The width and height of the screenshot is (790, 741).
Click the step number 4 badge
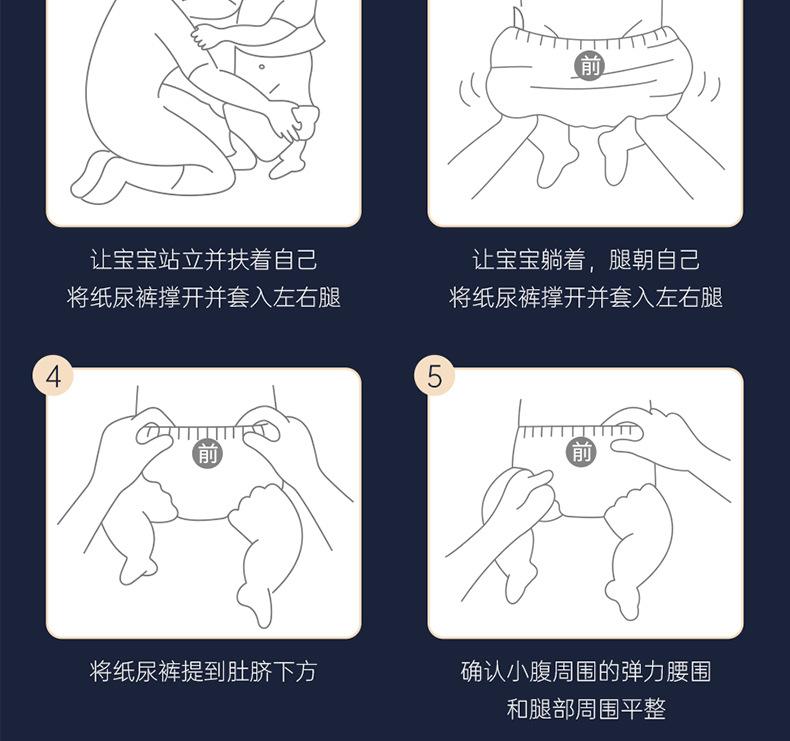[x=53, y=376]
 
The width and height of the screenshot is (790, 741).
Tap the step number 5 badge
[x=434, y=376]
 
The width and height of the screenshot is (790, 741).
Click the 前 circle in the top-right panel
[x=590, y=65]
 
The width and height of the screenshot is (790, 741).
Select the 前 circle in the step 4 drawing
[x=208, y=454]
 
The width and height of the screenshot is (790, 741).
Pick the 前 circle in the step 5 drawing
[x=581, y=452]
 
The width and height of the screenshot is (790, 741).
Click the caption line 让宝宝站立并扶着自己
[x=204, y=260]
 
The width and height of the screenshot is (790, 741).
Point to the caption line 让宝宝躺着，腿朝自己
[x=585, y=260]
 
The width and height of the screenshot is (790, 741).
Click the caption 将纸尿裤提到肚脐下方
[x=204, y=671]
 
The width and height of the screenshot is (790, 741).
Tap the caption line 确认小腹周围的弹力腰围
[x=585, y=671]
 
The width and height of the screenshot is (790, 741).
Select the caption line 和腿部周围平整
[x=585, y=709]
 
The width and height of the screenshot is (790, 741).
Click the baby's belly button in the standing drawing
[x=261, y=66]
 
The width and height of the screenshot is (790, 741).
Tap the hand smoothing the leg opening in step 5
[x=519, y=499]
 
